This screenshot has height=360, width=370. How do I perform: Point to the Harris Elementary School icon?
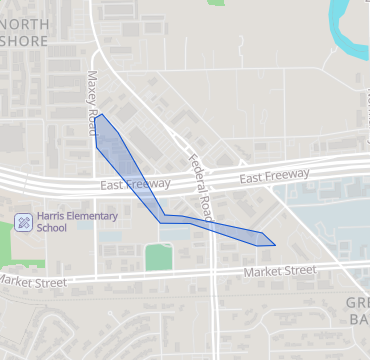tap(22, 221)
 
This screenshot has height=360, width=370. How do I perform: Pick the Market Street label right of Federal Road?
tap(281, 271)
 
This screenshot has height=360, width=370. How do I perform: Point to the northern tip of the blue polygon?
tap(101, 115)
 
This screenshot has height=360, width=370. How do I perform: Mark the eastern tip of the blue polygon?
tap(275, 245)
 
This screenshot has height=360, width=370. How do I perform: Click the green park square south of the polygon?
tap(158, 257)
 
